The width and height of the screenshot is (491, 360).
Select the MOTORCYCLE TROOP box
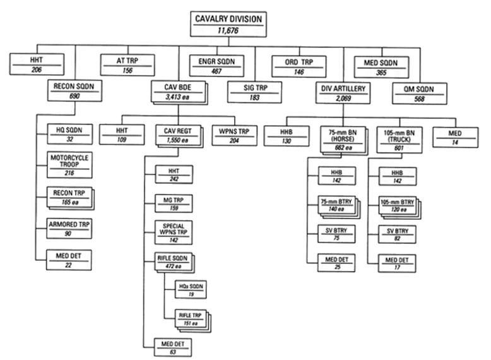[69, 165]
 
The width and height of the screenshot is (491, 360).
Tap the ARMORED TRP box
[69, 227]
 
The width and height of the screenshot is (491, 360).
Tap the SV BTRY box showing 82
[397, 233]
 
